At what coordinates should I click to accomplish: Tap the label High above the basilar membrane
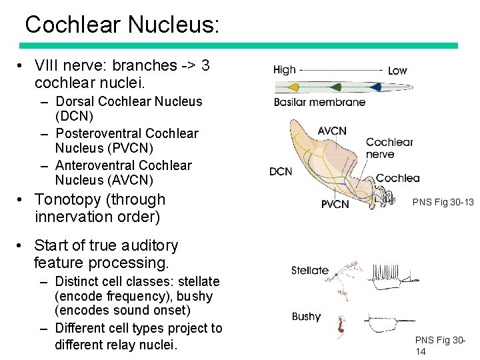pyautogui.click(x=285, y=70)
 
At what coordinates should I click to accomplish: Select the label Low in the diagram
pyautogui.click(x=397, y=70)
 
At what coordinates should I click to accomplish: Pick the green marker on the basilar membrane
pyautogui.click(x=335, y=87)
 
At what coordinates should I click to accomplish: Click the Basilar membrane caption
pyautogui.click(x=319, y=102)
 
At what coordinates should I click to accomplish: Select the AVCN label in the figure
pyautogui.click(x=332, y=131)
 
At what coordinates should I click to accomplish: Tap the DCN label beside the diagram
pyautogui.click(x=281, y=171)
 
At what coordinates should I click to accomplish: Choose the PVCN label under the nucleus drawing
pyautogui.click(x=335, y=205)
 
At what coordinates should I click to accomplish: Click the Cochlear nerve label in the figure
pyautogui.click(x=389, y=148)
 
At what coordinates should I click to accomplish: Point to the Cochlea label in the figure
pyautogui.click(x=398, y=178)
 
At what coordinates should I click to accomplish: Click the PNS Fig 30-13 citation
pyautogui.click(x=443, y=201)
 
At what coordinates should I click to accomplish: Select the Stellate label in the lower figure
pyautogui.click(x=310, y=270)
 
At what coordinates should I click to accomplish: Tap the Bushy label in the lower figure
pyautogui.click(x=306, y=317)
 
